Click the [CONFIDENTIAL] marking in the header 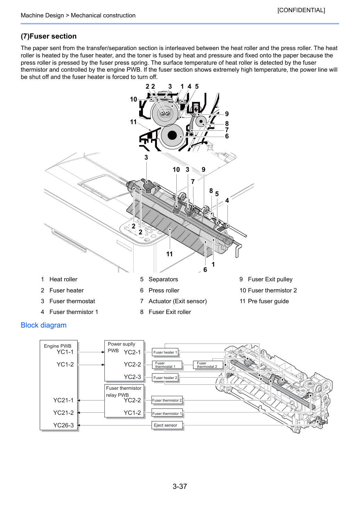pos(301,10)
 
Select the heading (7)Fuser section pos(49,36)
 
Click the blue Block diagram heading pos(43,325)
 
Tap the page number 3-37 pos(180,486)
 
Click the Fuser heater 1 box pos(165,352)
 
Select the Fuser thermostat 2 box pos(208,365)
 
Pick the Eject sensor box pos(167,425)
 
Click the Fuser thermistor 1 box pos(167,413)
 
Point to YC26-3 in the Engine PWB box pos(64,425)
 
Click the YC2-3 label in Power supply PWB pos(132,377)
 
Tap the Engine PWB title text pos(58,346)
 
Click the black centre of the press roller pos(172,135)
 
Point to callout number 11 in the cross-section pos(133,122)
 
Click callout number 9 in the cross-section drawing pos(227,114)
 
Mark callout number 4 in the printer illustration pos(227,201)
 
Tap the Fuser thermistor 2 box pos(167,400)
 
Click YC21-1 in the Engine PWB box pos(64,400)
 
